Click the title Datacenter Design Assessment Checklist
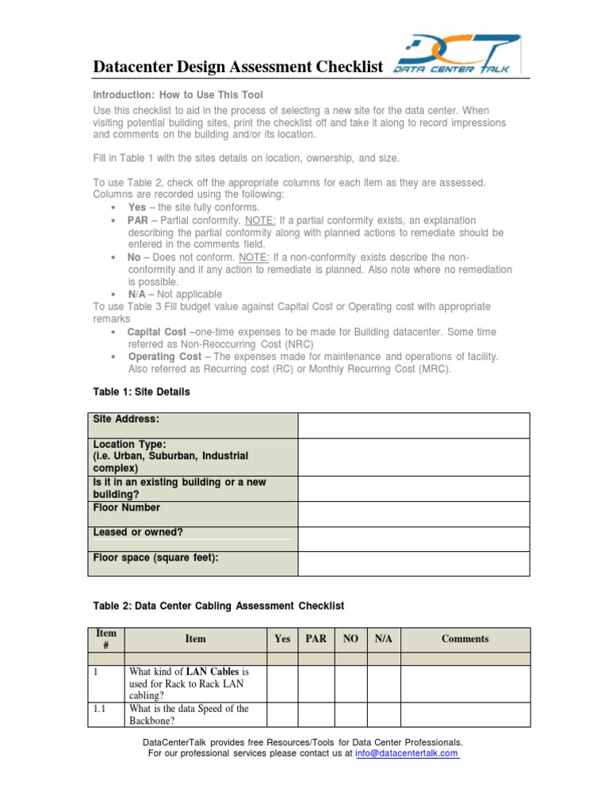[238, 67]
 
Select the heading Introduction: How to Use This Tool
[178, 94]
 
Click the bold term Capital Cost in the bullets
[157, 331]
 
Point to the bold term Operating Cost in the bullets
[164, 357]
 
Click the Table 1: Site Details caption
[142, 392]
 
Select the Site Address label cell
[126, 419]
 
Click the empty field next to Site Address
[413, 425]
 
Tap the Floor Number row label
[127, 507]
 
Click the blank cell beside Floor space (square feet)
[413, 564]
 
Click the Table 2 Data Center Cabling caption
[219, 606]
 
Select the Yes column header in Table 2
[282, 639]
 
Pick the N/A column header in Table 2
[384, 639]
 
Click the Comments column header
[465, 639]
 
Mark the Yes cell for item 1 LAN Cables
[282, 684]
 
